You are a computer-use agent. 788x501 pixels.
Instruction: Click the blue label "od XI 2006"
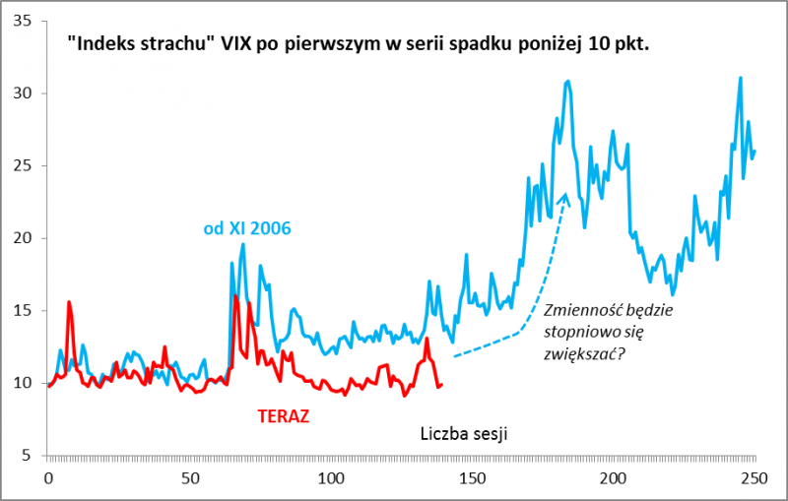(247, 228)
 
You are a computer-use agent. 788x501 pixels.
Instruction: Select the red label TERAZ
(284, 415)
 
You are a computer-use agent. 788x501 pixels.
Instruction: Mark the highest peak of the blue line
(740, 77)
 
